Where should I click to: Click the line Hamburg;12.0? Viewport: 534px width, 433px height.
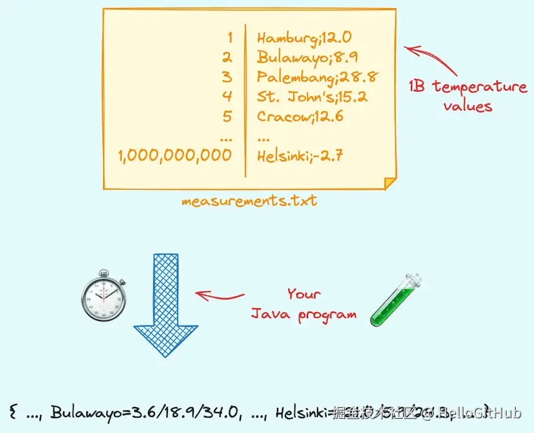click(304, 38)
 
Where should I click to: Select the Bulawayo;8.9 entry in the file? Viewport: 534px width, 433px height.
click(307, 58)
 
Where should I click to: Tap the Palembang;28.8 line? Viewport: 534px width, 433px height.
click(318, 77)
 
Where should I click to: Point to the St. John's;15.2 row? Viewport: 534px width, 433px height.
click(312, 96)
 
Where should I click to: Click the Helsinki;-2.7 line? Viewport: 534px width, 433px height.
click(299, 156)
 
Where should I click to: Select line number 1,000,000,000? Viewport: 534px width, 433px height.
click(175, 156)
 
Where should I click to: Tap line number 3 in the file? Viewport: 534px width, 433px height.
click(227, 77)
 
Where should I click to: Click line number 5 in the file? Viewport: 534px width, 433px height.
click(227, 116)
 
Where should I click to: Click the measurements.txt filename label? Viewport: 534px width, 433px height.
click(249, 201)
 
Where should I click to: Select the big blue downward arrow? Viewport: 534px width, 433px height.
click(165, 305)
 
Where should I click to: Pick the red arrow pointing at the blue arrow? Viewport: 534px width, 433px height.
click(219, 296)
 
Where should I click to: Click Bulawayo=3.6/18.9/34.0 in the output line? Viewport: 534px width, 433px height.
click(142, 412)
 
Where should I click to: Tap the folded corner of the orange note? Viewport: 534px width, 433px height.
click(389, 183)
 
